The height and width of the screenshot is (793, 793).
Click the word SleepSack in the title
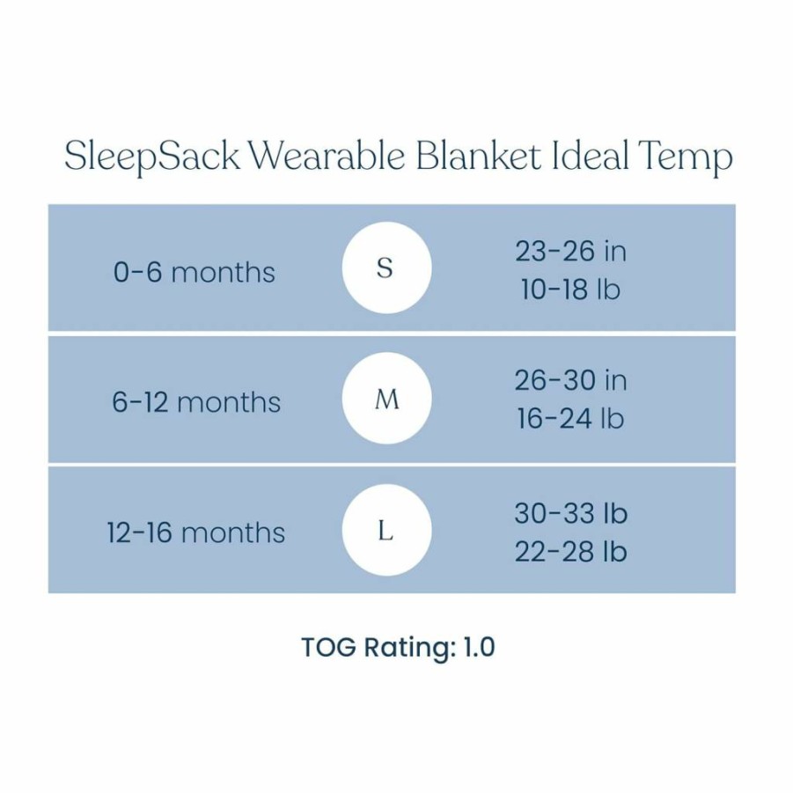point(151,156)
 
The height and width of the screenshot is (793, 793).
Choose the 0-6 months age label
point(195,272)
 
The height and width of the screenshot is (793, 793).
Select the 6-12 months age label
point(196,402)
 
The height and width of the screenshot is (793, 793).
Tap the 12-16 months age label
point(196,533)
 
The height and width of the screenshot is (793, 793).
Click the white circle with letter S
point(386,268)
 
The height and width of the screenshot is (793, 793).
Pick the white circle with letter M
point(386,399)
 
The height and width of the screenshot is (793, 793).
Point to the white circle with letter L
point(386,530)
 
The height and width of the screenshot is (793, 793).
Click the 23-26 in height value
point(570,251)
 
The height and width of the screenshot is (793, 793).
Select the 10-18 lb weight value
point(570,290)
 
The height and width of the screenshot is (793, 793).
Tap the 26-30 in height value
point(570,380)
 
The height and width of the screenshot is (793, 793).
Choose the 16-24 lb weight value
point(570,419)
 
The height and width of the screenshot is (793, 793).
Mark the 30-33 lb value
point(571,513)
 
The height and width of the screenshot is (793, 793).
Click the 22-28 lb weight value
point(571,551)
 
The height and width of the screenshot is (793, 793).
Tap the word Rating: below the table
point(409,649)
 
